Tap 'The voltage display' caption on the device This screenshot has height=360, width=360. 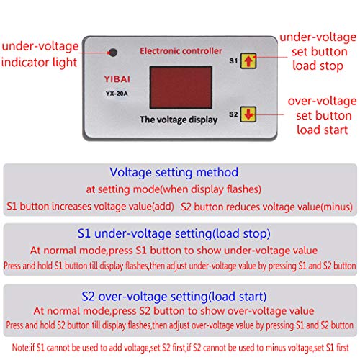175,120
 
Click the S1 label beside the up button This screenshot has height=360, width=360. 233,61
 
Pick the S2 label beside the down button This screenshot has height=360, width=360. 233,114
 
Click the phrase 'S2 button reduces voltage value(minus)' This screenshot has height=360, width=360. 262,207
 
